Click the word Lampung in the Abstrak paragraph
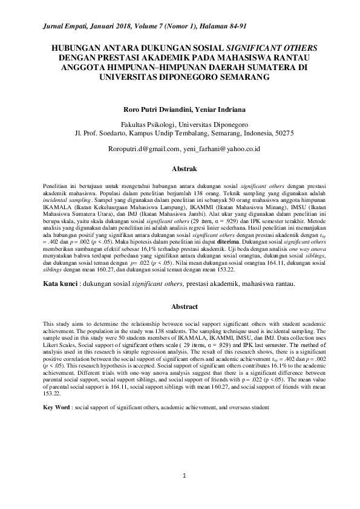click(x=180, y=213)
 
